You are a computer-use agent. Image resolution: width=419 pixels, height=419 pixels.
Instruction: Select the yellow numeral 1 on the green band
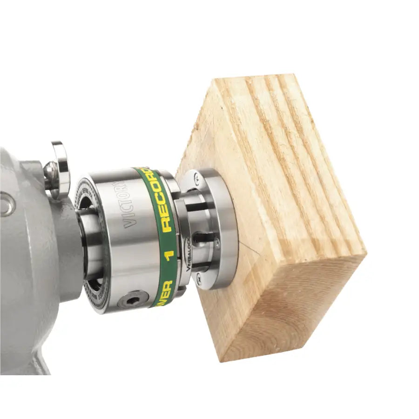pyautogui.click(x=169, y=254)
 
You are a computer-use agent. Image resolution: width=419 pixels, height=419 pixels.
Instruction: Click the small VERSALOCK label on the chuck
pyautogui.click(x=188, y=254)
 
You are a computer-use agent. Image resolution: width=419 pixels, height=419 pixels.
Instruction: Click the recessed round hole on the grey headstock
pyautogui.click(x=6, y=205)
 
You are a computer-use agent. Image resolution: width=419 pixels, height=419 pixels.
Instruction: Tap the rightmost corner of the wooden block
pyautogui.click(x=365, y=254)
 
